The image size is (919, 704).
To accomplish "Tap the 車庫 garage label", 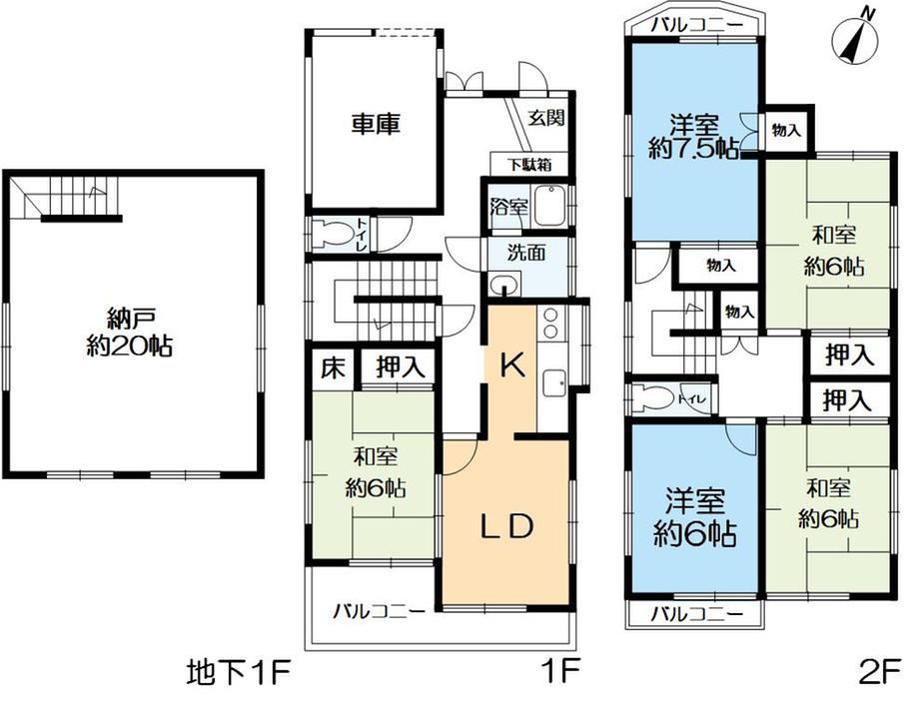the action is click(376, 124).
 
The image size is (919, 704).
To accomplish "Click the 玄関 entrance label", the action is click(546, 118).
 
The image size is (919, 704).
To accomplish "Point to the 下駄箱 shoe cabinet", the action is click(529, 165).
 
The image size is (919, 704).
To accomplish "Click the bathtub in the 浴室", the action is click(549, 206).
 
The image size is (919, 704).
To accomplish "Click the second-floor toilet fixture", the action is click(651, 398).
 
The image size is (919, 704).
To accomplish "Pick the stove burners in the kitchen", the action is click(550, 324).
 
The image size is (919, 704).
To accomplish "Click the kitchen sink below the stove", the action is click(553, 384).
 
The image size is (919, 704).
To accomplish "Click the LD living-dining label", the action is click(506, 526).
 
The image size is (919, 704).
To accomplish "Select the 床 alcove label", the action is click(333, 368).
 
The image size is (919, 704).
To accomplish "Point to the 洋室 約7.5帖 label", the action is click(694, 138).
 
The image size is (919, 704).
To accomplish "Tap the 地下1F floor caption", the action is click(239, 673).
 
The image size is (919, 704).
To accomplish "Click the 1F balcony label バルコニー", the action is click(380, 613).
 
